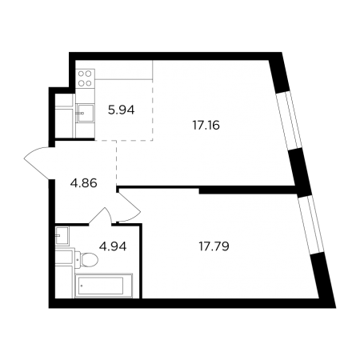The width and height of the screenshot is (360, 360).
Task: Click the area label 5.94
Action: tap(121, 110)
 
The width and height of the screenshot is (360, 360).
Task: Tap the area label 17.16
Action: tap(206, 126)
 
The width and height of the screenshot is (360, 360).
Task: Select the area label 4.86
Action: tap(83, 183)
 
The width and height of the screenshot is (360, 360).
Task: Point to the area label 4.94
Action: tap(113, 246)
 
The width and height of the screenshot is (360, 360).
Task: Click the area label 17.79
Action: tap(214, 246)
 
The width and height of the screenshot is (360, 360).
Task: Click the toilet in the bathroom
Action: tap(86, 259)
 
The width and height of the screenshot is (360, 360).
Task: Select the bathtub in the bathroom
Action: tap(104, 286)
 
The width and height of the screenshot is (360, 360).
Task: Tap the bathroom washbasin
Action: tap(62, 235)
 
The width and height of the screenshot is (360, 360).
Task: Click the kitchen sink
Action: tap(86, 113)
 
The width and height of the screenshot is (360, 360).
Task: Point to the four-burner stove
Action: tap(86, 78)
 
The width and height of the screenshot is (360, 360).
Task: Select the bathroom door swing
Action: tap(101, 215)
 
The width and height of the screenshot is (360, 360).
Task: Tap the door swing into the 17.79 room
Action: tap(129, 206)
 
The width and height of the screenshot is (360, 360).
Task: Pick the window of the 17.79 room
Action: tap(310, 224)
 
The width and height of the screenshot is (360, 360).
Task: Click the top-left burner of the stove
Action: tap(82, 74)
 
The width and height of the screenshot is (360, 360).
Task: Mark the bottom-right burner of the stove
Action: tap(89, 83)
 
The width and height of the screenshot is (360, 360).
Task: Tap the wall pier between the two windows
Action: tap(301, 171)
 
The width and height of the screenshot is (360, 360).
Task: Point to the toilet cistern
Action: tap(78, 259)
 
